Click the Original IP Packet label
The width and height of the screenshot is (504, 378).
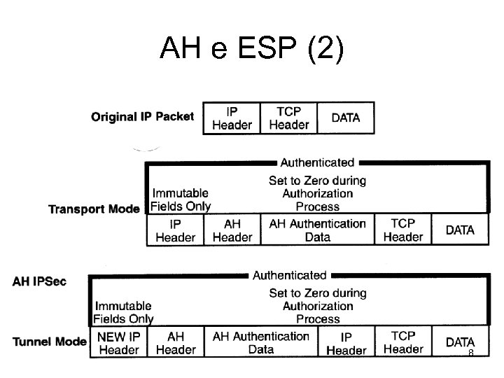pyautogui.click(x=142, y=116)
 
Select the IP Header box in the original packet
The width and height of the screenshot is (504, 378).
pyautogui.click(x=232, y=118)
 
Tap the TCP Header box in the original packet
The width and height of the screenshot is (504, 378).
pyautogui.click(x=288, y=118)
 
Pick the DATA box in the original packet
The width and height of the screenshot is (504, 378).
pyautogui.click(x=346, y=118)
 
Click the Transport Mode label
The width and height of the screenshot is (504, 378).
pyautogui.click(x=94, y=209)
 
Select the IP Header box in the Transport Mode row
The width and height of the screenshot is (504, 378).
pyautogui.click(x=175, y=230)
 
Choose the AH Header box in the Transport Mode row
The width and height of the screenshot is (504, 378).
pyautogui.click(x=232, y=230)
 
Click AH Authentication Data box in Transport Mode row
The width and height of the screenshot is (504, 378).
pyautogui.click(x=317, y=230)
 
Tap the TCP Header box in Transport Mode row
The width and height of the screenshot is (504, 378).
pyautogui.click(x=402, y=230)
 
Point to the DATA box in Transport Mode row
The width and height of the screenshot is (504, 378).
pyautogui.click(x=459, y=230)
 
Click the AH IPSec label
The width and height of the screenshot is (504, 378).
pyautogui.click(x=41, y=281)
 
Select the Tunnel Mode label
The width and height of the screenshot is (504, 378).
pyautogui.click(x=49, y=342)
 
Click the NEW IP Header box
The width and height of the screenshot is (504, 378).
pyautogui.click(x=119, y=342)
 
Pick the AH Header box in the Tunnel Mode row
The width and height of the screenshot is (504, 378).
pyautogui.click(x=175, y=342)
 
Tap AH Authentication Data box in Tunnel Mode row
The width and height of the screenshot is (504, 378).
pyautogui.click(x=260, y=342)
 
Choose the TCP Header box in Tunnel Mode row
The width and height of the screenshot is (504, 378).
pyautogui.click(x=402, y=342)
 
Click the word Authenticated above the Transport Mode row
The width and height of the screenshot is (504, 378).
pyautogui.click(x=317, y=162)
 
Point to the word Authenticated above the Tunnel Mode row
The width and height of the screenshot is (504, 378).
pyautogui.click(x=289, y=275)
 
